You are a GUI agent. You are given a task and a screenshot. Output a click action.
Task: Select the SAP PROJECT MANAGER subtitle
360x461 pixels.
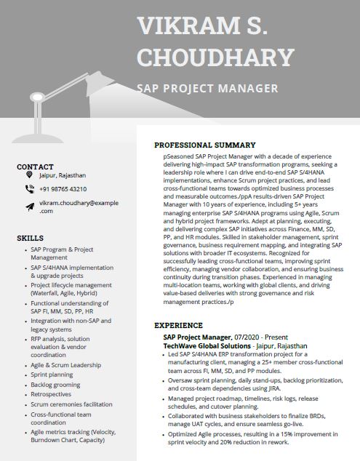coord(208,89)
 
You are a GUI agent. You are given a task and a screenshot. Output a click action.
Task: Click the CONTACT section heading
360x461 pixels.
coord(35,167)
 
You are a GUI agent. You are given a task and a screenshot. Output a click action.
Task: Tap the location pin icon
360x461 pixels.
coord(29,175)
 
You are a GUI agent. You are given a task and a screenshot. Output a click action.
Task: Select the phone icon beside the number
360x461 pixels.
coord(29,189)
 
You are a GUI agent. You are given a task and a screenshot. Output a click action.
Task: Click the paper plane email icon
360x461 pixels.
coord(29,207)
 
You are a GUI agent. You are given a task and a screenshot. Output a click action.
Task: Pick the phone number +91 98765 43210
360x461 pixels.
coord(63,189)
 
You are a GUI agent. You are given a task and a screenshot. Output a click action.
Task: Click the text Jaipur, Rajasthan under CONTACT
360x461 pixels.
coord(63,175)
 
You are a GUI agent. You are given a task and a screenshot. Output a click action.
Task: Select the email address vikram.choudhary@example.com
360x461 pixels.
coord(79,207)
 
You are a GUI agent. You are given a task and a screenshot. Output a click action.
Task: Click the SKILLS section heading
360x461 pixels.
coord(30,238)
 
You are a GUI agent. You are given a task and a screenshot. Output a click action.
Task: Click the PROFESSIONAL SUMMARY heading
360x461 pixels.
coord(205,145)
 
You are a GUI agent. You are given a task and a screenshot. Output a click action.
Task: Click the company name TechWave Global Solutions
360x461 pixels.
coord(206,346)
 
